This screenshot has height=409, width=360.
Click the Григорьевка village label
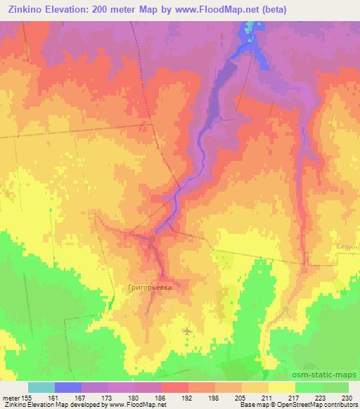click(x=150, y=287)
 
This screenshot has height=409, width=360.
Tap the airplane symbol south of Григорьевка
click(x=186, y=330)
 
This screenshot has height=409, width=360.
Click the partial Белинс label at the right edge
click(x=349, y=247)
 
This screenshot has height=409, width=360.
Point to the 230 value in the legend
click(x=346, y=397)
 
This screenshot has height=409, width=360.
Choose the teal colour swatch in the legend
click(x=41, y=387)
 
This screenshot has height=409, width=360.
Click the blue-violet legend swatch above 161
click(x=68, y=387)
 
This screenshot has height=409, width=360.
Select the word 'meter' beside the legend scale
click(x=11, y=397)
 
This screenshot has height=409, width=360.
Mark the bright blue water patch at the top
click(x=252, y=39)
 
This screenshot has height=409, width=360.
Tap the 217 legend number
click(x=292, y=397)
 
